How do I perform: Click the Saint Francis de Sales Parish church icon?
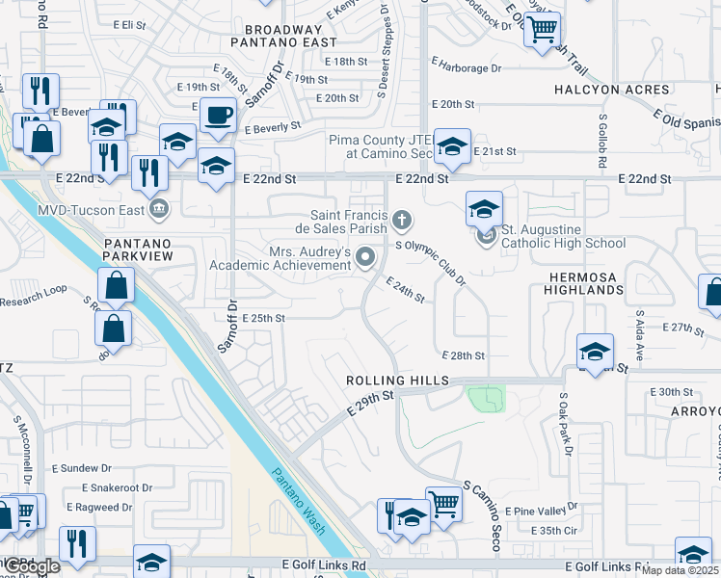click(x=401, y=223)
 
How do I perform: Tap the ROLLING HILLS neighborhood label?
click(x=398, y=381)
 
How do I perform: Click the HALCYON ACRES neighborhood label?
click(x=611, y=90)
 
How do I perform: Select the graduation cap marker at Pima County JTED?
click(x=451, y=145)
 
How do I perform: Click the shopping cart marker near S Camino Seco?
click(x=443, y=502)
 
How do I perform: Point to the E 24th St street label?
click(x=406, y=290)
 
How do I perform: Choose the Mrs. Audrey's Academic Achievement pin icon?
click(x=365, y=256)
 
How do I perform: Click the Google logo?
click(x=32, y=567)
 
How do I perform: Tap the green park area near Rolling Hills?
click(x=487, y=398)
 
